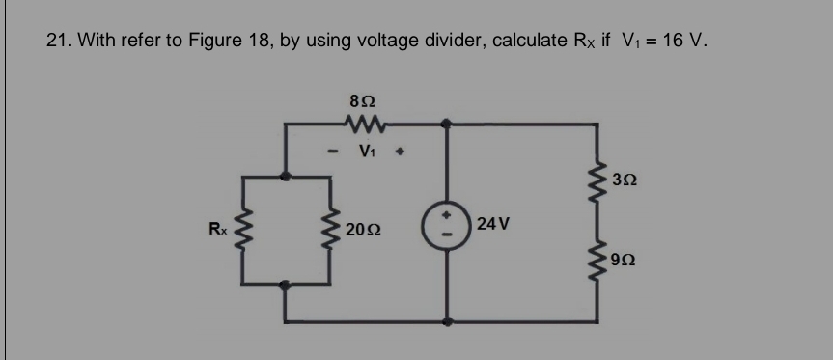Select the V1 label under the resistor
pos(366,151)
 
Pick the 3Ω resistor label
pos(625,180)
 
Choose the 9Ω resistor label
pos(625,261)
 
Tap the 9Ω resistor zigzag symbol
pos(600,259)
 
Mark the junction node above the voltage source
pos(445,124)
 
